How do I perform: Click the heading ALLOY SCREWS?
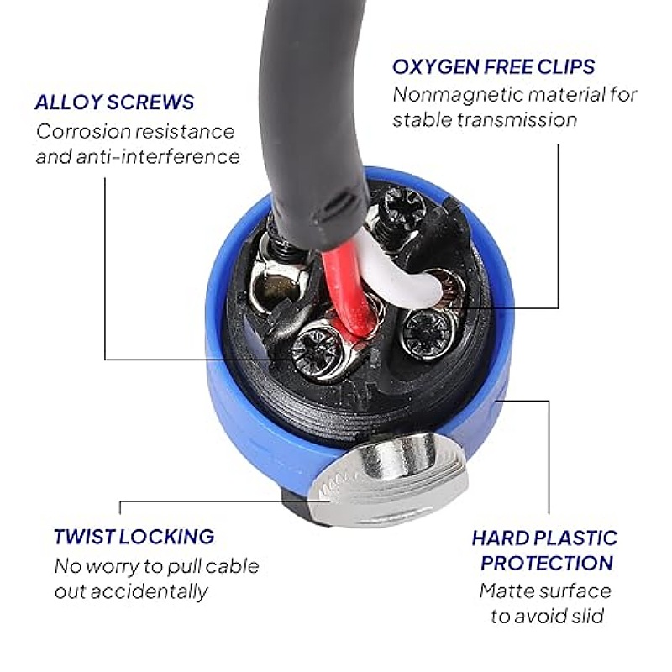click(114, 102)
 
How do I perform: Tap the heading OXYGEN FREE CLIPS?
click(494, 67)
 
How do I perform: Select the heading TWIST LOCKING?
click(134, 537)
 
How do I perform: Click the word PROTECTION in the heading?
click(547, 563)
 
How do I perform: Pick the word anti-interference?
click(158, 157)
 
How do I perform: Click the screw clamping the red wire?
click(317, 349)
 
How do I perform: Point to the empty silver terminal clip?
click(279, 285)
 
